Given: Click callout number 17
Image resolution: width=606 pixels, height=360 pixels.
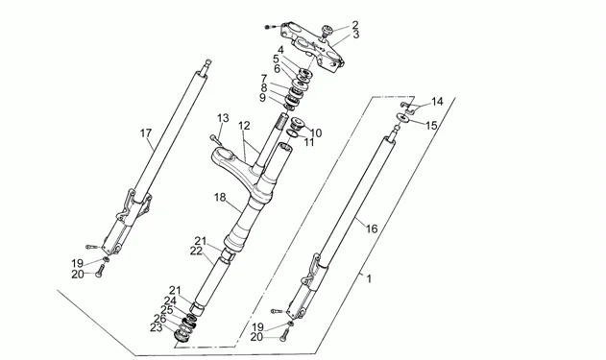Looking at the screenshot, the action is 146,133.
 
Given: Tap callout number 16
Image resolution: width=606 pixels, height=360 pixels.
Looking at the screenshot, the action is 372,229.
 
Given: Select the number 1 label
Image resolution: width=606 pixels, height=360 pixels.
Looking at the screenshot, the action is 369,278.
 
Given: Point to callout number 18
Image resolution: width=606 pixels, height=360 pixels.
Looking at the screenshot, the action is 220,198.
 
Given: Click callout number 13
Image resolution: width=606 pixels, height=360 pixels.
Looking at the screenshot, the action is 223,118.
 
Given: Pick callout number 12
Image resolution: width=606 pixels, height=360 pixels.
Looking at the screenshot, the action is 244,126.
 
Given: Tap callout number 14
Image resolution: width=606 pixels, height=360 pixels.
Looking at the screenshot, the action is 437,102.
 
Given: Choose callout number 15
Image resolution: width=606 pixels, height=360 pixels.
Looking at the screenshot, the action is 431,126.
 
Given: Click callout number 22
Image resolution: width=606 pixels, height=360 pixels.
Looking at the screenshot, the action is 196,251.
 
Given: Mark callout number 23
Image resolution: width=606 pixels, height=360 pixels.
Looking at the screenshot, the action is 157,328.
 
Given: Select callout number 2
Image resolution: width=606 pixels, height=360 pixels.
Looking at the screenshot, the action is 355,25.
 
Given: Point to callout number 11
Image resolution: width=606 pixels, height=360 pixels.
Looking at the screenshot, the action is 309,142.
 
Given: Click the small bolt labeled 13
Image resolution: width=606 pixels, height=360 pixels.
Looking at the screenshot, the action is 215,139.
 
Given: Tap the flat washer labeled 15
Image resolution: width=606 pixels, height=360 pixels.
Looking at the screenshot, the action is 403,117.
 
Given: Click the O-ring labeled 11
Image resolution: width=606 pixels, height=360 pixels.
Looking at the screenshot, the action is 293,133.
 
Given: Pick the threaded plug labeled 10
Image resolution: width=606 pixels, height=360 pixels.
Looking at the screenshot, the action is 297,123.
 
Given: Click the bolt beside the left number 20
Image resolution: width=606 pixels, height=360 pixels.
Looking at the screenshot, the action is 100,270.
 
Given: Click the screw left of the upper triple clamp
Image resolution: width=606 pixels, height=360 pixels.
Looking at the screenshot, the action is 271,27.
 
